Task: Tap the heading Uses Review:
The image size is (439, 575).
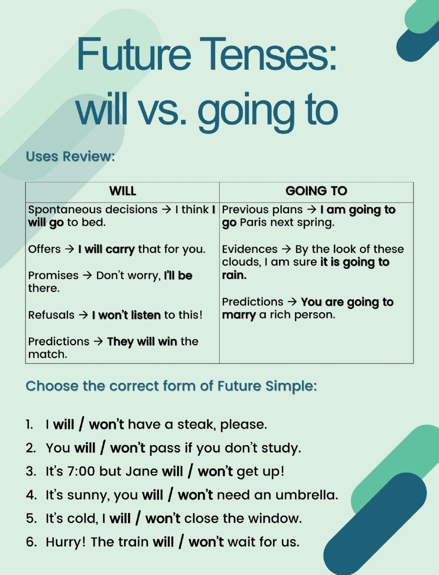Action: [70, 157]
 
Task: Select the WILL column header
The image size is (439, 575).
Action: [122, 191]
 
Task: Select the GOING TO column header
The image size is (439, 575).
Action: [317, 191]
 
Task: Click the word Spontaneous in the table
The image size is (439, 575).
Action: [65, 210]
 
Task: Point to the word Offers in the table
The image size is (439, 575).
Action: [44, 249]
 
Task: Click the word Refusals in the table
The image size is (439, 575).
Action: [51, 315]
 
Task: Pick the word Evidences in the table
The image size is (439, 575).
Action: [249, 249]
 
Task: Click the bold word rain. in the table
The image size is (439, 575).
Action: [234, 275]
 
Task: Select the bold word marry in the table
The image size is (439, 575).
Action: [238, 315]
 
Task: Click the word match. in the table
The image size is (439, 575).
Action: [48, 354]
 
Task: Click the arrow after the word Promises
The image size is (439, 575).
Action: [87, 275]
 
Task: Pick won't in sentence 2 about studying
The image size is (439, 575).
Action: [128, 448]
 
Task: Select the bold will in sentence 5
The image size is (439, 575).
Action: [120, 519]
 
